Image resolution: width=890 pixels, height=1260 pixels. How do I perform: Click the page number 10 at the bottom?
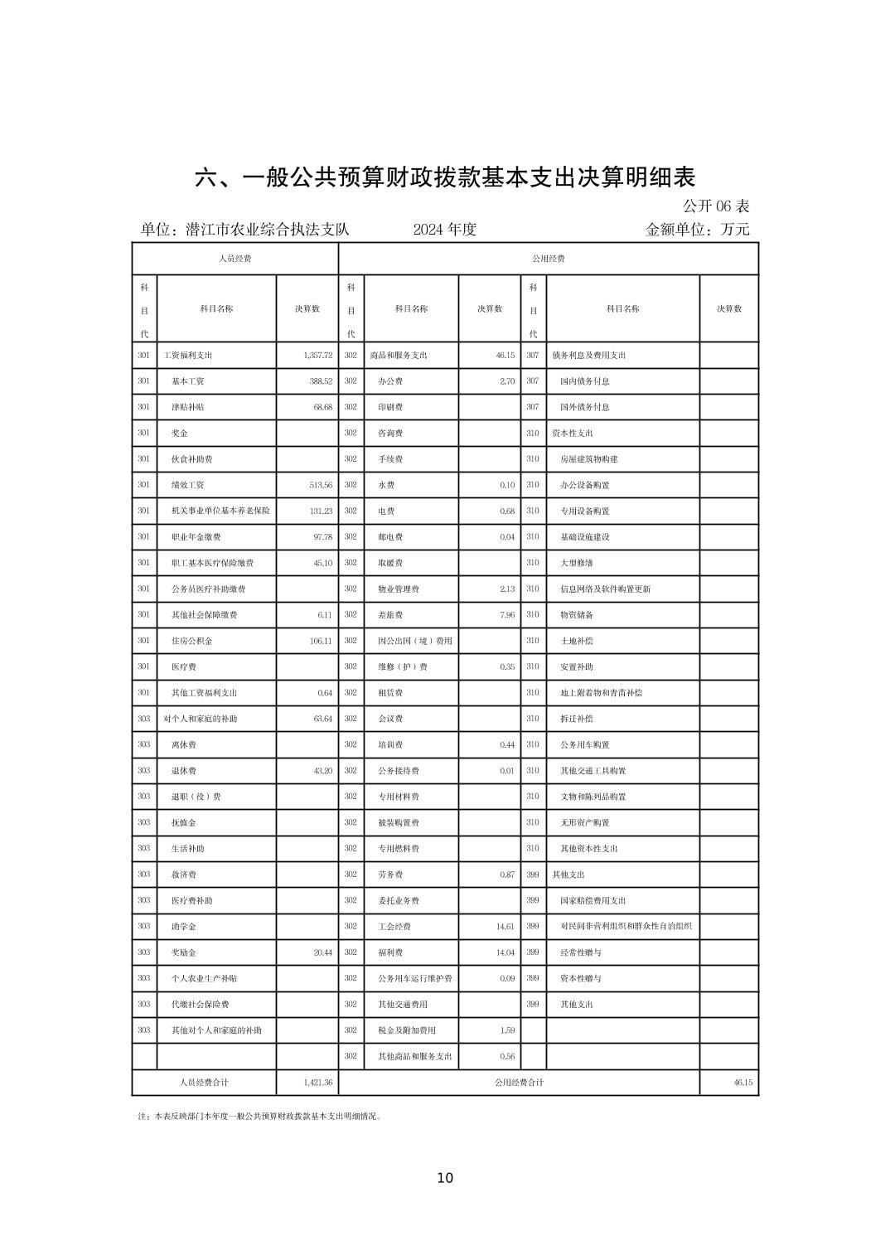click(x=445, y=1178)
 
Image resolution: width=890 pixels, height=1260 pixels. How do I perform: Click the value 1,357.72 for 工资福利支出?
click(x=317, y=356)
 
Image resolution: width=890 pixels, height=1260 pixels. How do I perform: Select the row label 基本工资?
click(x=188, y=381)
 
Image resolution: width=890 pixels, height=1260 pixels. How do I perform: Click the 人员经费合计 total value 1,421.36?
click(x=317, y=1083)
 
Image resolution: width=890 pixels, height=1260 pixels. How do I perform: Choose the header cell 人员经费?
click(x=235, y=259)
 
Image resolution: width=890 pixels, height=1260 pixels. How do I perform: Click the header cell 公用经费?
click(x=548, y=259)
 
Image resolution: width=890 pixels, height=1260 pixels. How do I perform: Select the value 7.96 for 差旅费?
click(x=507, y=615)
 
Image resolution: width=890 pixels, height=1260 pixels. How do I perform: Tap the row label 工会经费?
click(x=394, y=927)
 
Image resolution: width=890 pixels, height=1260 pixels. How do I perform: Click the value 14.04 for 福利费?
click(x=505, y=952)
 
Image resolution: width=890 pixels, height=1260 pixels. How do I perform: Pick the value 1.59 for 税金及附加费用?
click(x=507, y=1030)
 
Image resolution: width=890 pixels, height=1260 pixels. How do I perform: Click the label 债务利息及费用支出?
click(x=589, y=356)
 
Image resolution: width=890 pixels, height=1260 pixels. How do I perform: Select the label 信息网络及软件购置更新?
click(x=606, y=589)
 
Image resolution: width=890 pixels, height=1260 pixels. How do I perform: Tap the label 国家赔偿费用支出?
click(x=593, y=900)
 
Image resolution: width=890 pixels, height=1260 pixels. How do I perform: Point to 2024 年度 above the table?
click(x=445, y=230)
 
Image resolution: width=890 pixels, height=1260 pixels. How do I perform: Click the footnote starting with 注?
click(x=260, y=1117)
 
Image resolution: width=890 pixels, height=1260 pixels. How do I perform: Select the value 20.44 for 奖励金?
click(x=322, y=952)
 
